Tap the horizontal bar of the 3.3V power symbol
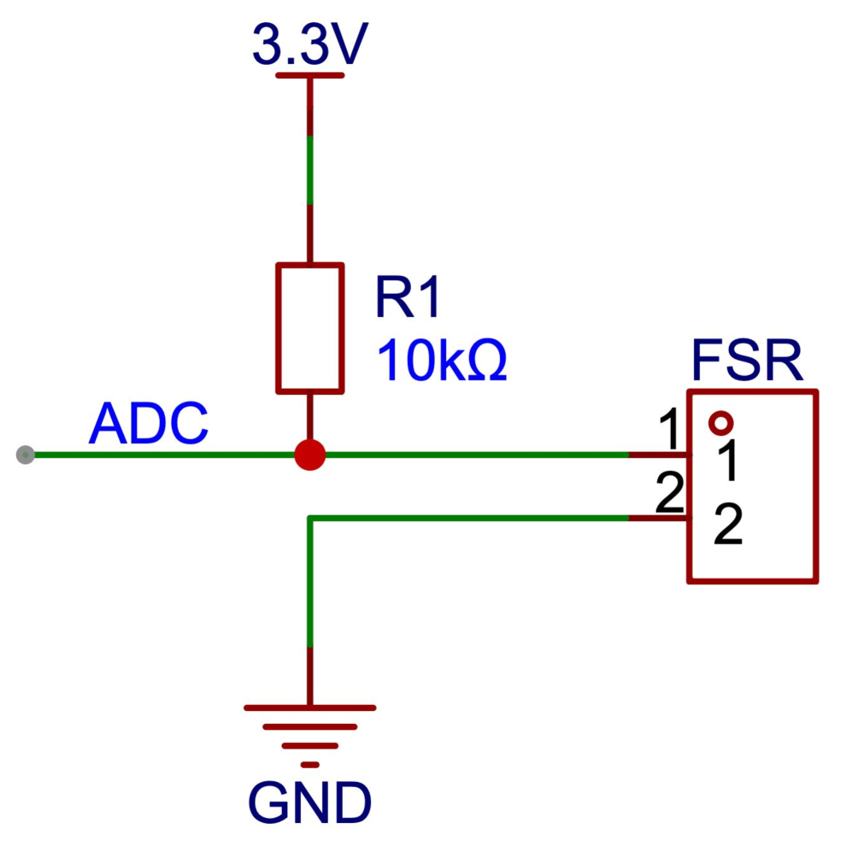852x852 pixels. point(310,75)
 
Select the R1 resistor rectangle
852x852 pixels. point(310,328)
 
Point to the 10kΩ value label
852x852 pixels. point(442,361)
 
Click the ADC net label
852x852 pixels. point(148,424)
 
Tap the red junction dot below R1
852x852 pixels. point(310,455)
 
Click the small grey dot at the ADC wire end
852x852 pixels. point(26,455)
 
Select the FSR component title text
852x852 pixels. point(746,362)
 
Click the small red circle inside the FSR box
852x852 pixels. point(720,422)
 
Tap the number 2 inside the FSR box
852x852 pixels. point(727,526)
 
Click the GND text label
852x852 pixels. point(310,803)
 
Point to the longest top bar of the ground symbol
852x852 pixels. point(310,708)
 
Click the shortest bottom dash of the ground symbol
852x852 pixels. point(310,764)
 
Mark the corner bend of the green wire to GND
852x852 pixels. point(310,518)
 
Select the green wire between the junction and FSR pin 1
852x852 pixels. point(479,455)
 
